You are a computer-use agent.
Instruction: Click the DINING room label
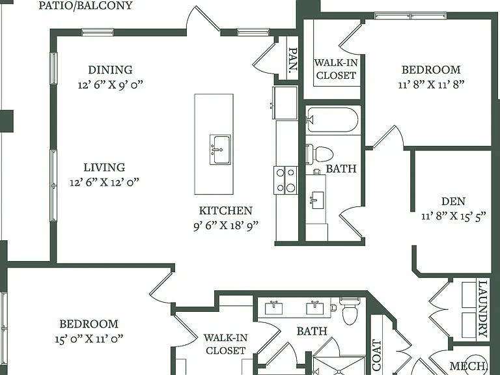tap(110, 70)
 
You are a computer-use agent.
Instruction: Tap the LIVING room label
tap(104, 167)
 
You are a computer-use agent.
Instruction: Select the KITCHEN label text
tap(226, 210)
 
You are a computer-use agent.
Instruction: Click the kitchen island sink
tap(220, 150)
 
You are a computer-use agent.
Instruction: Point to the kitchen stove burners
tap(286, 180)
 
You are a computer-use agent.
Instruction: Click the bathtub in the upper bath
tap(332, 120)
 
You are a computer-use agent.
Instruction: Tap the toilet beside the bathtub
tap(320, 154)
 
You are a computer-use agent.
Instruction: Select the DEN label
tap(453, 201)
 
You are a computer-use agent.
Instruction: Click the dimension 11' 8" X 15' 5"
tap(453, 216)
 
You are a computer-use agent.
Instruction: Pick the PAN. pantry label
tap(293, 61)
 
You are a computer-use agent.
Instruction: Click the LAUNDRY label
tap(483, 309)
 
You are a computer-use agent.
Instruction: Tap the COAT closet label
tap(377, 355)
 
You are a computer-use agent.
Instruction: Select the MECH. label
tap(469, 365)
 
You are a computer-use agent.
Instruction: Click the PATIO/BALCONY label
tap(85, 5)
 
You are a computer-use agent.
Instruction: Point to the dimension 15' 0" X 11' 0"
tap(89, 339)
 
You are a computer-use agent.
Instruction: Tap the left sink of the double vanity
tap(273, 307)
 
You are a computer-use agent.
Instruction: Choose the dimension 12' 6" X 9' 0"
tap(110, 85)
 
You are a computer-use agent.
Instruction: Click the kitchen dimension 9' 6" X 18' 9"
tap(226, 225)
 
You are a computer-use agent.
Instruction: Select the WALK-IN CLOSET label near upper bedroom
tap(336, 69)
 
